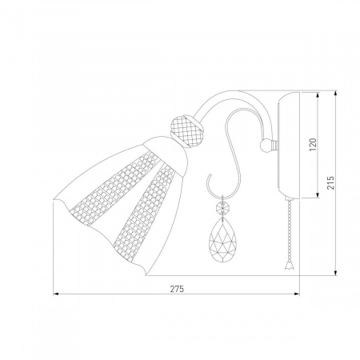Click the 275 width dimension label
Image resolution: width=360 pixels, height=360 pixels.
point(177,289)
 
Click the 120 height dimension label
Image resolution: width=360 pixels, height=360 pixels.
point(313,145)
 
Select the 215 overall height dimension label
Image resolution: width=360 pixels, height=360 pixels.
point(330,182)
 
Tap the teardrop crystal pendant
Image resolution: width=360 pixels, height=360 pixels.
point(222,241)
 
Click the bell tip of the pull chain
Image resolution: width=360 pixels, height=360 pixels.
point(288,266)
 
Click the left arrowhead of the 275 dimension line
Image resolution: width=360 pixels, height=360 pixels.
point(55,294)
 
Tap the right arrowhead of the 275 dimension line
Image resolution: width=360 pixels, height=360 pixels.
point(297,294)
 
